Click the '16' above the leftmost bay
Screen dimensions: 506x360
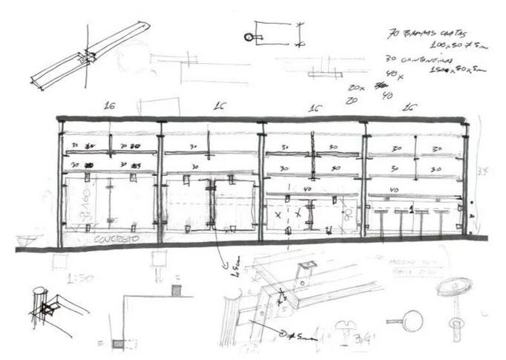[x=110, y=107]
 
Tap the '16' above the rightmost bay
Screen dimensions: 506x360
[x=409, y=108]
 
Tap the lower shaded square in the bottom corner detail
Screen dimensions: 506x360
[x=119, y=343]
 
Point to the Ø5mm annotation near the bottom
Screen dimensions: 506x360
[x=298, y=338]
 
